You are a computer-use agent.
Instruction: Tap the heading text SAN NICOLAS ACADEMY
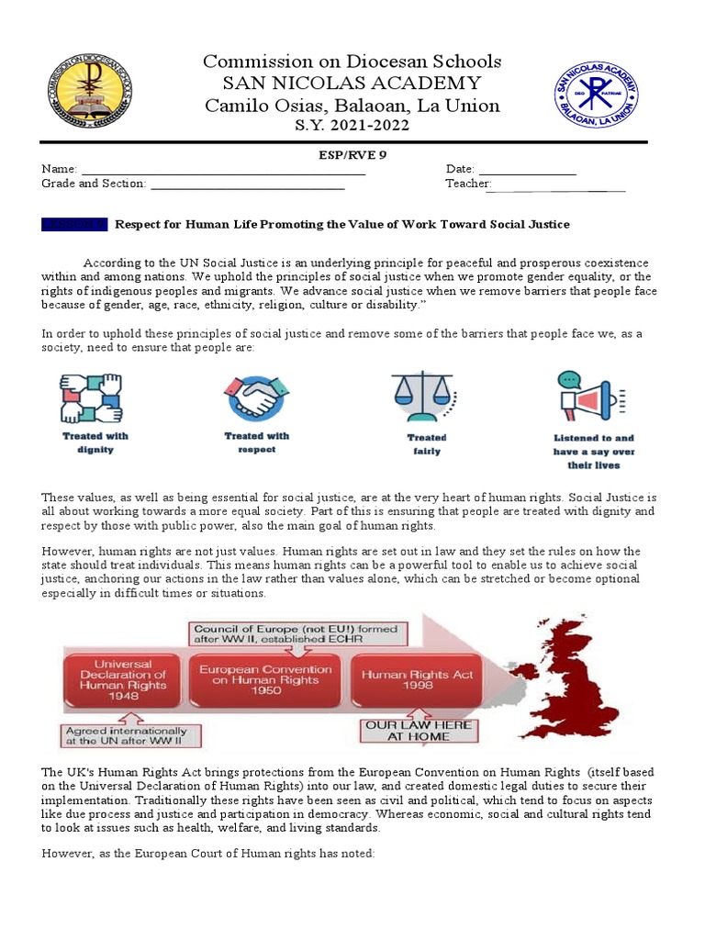coord(352,84)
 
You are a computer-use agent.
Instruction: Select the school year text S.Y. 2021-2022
coord(352,125)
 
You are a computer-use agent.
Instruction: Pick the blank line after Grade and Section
coord(247,186)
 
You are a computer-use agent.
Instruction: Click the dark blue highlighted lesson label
coord(74,224)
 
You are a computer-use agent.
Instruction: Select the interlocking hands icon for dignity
coord(92,397)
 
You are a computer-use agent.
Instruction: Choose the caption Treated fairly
coord(426,444)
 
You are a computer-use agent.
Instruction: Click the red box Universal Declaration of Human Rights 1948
coord(123,679)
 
